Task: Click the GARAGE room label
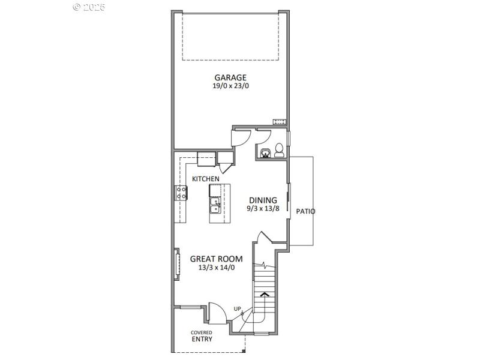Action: [x=230, y=77]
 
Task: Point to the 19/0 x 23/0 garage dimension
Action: [x=230, y=86]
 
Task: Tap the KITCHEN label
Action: [x=205, y=179]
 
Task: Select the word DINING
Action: [x=263, y=200]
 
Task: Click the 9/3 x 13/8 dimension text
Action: [x=263, y=209]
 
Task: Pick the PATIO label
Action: [x=305, y=212]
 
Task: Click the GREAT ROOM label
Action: [x=216, y=259]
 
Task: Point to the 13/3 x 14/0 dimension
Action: [x=216, y=268]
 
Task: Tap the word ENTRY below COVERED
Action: [x=202, y=339]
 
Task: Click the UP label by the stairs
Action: [x=238, y=309]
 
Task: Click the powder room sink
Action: [x=265, y=152]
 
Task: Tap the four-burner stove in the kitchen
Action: [x=180, y=193]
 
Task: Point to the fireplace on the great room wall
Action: [x=176, y=264]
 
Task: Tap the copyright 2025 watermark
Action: [x=89, y=7]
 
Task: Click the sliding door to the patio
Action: [x=289, y=199]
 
